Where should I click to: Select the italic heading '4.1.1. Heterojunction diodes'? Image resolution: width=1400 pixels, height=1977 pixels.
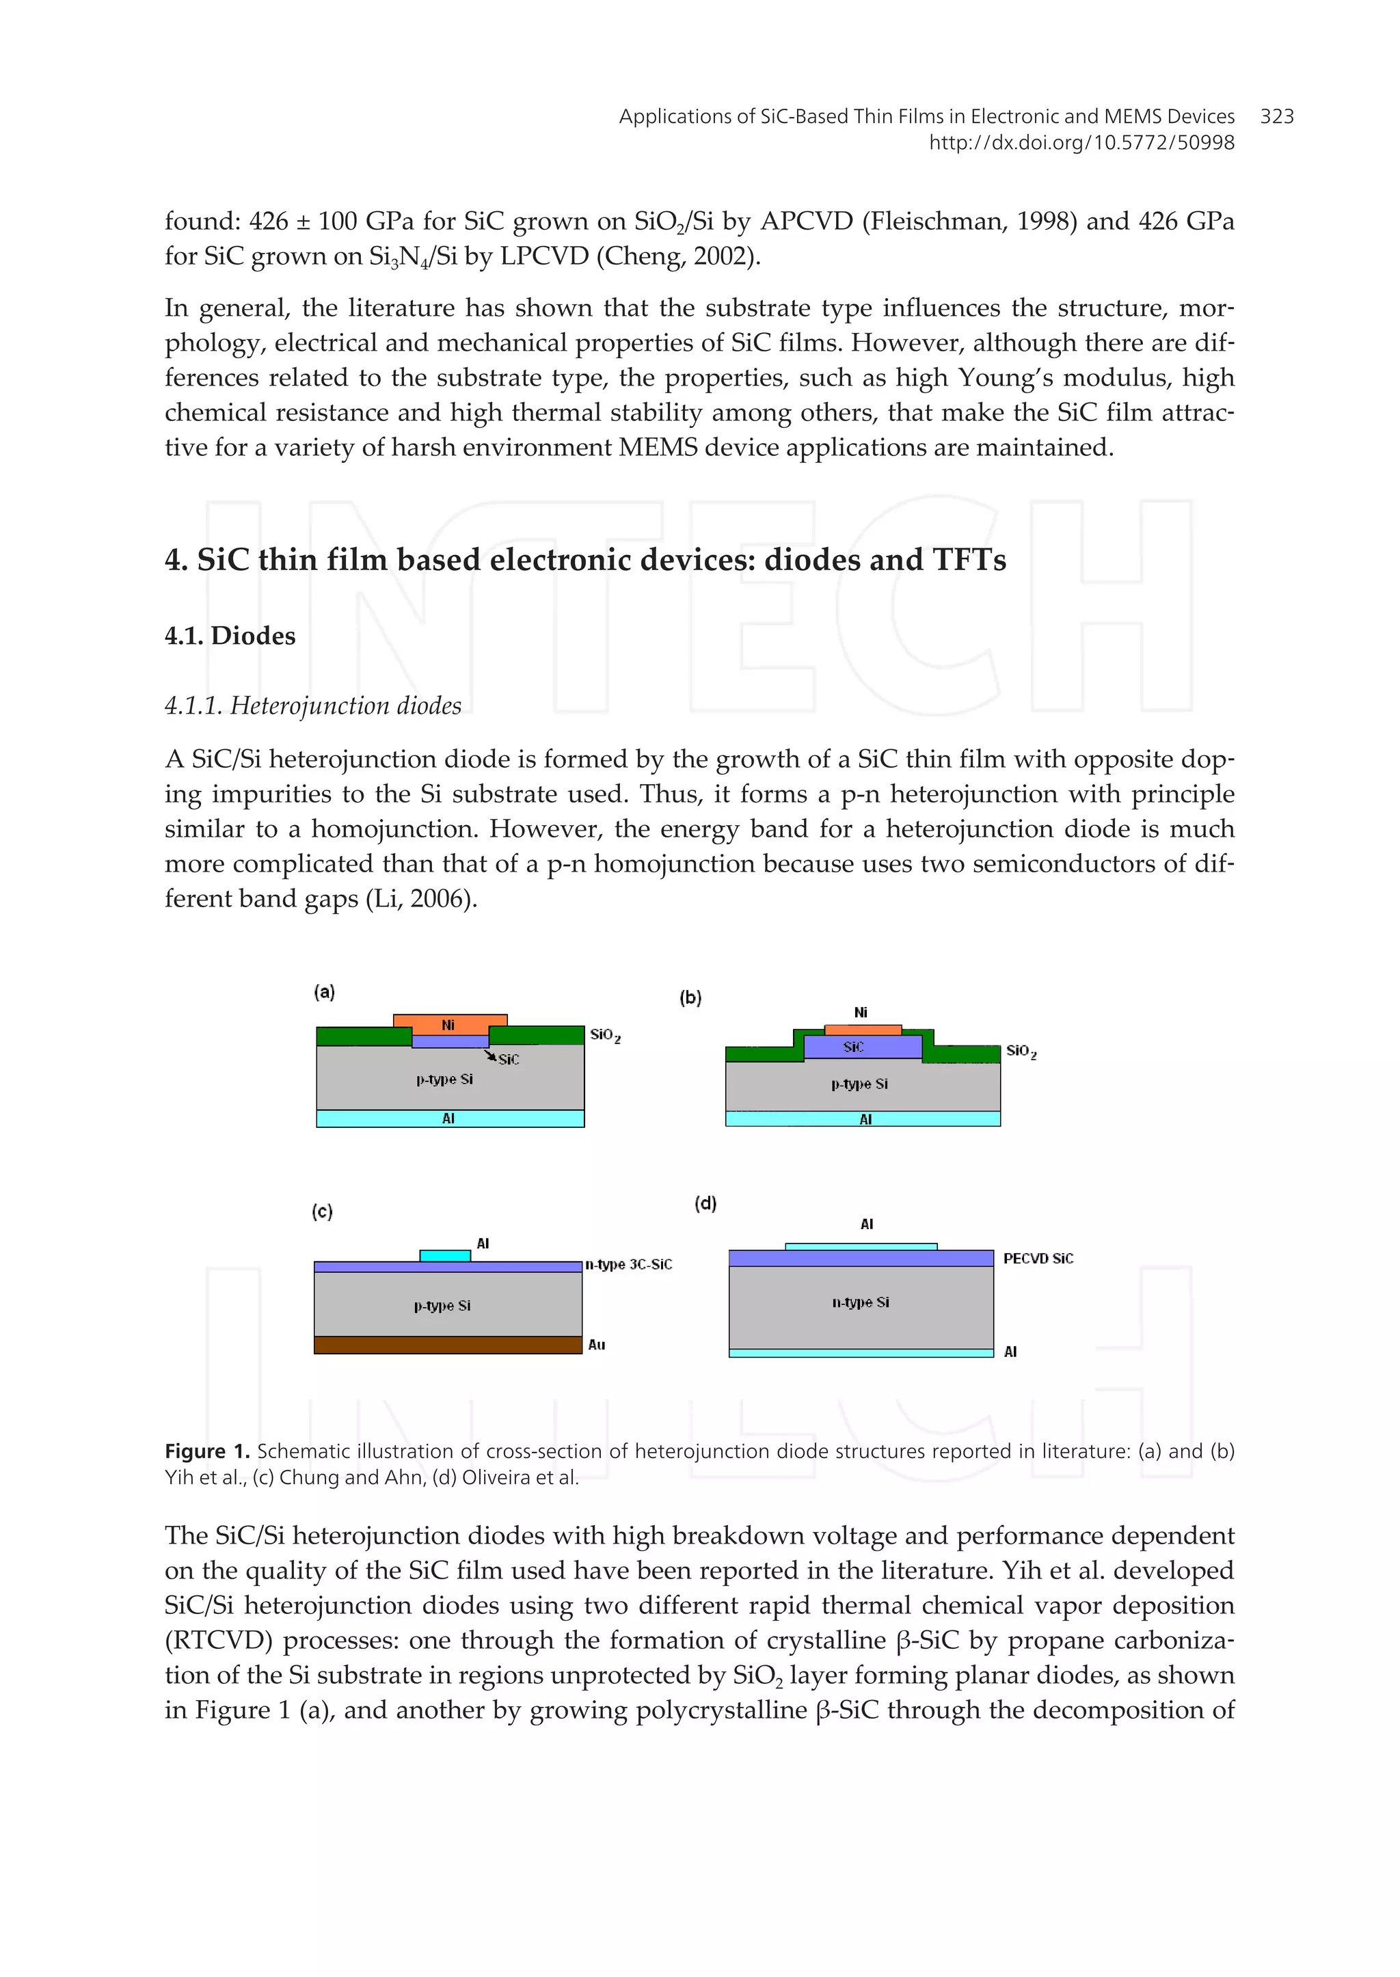pyautogui.click(x=313, y=705)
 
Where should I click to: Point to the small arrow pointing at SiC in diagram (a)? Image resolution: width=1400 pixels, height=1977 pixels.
pyautogui.click(x=488, y=1054)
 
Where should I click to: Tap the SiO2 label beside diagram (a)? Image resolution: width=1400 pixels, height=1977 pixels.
pyautogui.click(x=604, y=1034)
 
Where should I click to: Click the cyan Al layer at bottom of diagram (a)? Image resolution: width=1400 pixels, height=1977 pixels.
pyautogui.click(x=449, y=1118)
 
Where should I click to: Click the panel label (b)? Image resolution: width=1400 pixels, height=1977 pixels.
pyautogui.click(x=690, y=997)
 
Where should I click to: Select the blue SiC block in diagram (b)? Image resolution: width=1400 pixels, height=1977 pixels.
pyautogui.click(x=861, y=1047)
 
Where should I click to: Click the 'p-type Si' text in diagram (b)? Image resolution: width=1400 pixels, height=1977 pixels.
pyautogui.click(x=859, y=1084)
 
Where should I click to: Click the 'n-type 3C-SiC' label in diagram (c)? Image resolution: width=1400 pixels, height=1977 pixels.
pyautogui.click(x=628, y=1264)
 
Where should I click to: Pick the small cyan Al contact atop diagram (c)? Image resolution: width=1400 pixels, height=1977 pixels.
pyautogui.click(x=445, y=1255)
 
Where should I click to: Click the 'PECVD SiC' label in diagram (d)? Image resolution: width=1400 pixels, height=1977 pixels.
pyautogui.click(x=1037, y=1259)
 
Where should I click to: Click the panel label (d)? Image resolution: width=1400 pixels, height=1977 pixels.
pyautogui.click(x=705, y=1202)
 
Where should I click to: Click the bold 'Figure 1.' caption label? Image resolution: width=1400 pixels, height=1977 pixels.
pyautogui.click(x=207, y=1451)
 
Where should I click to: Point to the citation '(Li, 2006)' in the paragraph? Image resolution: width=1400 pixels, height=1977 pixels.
pyautogui.click(x=422, y=898)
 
